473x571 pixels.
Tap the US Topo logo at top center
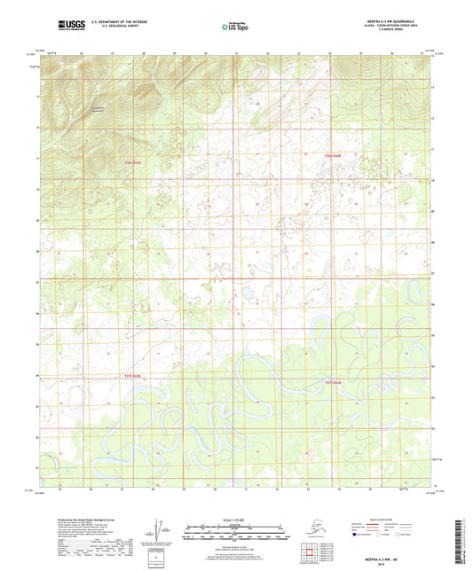(x=236, y=27)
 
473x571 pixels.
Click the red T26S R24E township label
(x=332, y=156)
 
